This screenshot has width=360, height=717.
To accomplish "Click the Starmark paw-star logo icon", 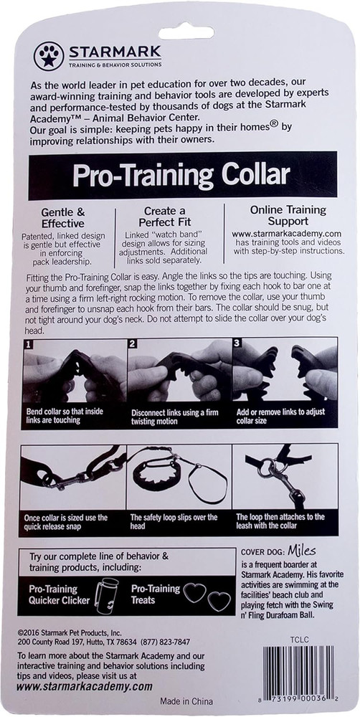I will click(x=48, y=56).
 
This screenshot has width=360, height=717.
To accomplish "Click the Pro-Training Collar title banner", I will click(x=180, y=174).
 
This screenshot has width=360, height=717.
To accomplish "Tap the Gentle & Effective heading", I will click(x=63, y=217).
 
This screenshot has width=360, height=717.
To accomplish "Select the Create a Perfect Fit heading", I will click(x=169, y=217).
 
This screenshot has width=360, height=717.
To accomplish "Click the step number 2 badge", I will click(x=132, y=344).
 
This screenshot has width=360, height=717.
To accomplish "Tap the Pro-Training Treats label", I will click(x=156, y=594).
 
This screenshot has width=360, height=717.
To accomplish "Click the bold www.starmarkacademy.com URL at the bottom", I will click(x=84, y=686).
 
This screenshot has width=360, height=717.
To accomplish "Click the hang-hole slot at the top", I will click(x=186, y=32).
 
